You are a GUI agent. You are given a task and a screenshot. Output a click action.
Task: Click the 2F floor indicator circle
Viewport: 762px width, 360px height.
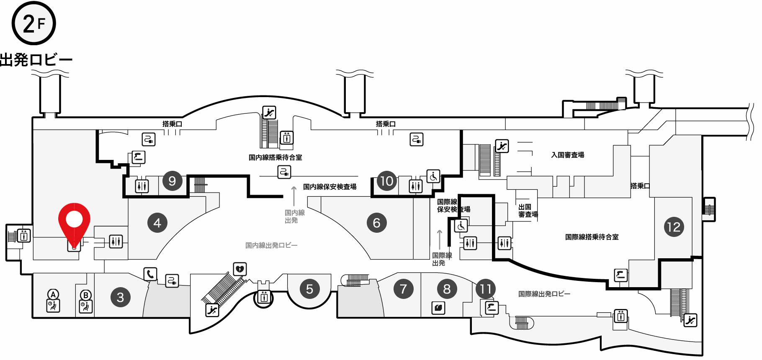pyautogui.click(x=34, y=23)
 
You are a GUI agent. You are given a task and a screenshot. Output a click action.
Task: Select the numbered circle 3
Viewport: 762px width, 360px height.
pyautogui.click(x=121, y=297)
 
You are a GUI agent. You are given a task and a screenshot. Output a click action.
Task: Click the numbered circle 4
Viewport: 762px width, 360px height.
pyautogui.click(x=157, y=223)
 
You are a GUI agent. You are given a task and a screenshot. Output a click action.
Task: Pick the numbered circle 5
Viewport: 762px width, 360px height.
pyautogui.click(x=310, y=289)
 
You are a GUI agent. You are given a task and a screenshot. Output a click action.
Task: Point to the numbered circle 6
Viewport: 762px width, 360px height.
pyautogui.click(x=377, y=223)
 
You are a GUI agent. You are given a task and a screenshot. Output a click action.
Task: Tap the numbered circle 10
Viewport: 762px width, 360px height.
pyautogui.click(x=387, y=181)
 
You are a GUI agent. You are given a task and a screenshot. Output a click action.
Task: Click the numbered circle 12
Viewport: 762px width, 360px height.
pyautogui.click(x=674, y=227)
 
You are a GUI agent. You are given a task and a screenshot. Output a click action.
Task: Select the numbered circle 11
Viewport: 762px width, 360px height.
pyautogui.click(x=486, y=289)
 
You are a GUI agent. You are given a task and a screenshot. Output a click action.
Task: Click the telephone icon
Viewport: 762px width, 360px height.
pyautogui.click(x=150, y=274)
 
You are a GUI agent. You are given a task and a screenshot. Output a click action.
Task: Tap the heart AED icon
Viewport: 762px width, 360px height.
pyautogui.click(x=239, y=269)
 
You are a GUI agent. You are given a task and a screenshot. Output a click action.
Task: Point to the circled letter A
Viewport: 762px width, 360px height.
pyautogui.click(x=53, y=294)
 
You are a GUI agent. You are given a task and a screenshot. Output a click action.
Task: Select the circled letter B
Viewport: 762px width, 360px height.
pyautogui.click(x=86, y=295)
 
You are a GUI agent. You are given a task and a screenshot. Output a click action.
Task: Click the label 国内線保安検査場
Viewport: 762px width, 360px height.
pyautogui.click(x=330, y=187)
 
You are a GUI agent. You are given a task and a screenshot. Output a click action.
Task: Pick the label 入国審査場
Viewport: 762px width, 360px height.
pyautogui.click(x=568, y=155)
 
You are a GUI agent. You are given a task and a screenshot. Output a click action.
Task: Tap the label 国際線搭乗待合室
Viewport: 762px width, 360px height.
pyautogui.click(x=592, y=237)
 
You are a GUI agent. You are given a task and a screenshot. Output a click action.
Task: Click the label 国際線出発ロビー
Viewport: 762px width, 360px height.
pyautogui.click(x=544, y=294)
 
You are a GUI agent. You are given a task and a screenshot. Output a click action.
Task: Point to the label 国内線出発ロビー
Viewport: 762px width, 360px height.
pyautogui.click(x=271, y=245)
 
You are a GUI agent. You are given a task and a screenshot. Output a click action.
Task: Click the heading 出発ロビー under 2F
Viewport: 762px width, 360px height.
pyautogui.click(x=36, y=60)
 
